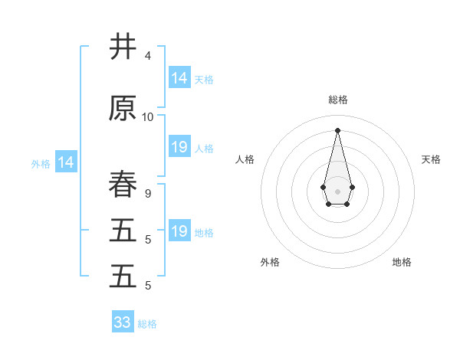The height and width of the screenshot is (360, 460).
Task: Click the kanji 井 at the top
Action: point(123,47)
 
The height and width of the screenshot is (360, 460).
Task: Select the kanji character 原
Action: point(123,109)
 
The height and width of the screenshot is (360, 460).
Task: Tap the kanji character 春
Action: point(123,185)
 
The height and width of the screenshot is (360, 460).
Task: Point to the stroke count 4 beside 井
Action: point(147,56)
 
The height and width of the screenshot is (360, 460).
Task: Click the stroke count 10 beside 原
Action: point(148,117)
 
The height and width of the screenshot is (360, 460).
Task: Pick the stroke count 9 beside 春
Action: point(147,194)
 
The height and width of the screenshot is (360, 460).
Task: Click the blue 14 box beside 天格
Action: point(179,78)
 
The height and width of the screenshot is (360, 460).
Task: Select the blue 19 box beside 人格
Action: point(179,147)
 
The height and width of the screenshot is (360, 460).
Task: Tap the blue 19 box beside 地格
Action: point(179,231)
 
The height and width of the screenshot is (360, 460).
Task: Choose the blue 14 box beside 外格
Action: point(66,162)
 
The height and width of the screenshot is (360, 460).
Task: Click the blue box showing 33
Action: point(123,322)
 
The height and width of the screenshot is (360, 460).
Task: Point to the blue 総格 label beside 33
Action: point(147,324)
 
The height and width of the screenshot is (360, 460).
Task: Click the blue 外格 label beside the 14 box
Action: point(41,163)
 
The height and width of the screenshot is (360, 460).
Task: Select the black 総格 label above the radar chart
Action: point(337,100)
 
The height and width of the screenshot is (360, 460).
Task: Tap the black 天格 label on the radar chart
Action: point(431,159)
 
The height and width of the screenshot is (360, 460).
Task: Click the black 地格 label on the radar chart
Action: point(402,262)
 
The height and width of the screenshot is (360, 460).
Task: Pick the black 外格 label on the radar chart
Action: point(270,262)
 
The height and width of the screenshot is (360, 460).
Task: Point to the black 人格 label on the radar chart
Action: point(245,159)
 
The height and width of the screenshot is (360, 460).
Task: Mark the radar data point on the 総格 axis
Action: point(337,129)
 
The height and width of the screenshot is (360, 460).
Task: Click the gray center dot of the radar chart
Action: point(337,191)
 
